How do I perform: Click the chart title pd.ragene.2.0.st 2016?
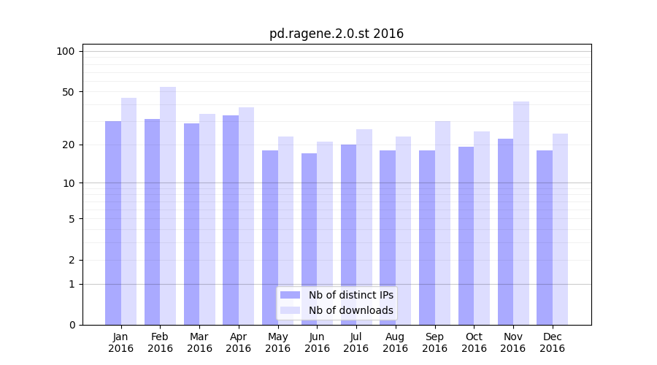point(336,34)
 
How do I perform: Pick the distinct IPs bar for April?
point(231,219)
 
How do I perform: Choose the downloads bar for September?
point(442,223)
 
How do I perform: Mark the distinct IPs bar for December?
point(545,237)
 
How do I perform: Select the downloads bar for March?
point(207,219)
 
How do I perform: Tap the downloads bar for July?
point(364,226)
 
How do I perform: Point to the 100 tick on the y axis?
point(66,51)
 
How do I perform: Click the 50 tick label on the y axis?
point(68,92)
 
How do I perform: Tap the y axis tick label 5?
point(72,218)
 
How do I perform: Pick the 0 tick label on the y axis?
point(72,325)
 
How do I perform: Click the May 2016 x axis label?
point(277,342)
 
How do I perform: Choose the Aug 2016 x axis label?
point(395,342)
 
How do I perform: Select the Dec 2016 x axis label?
point(552,342)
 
